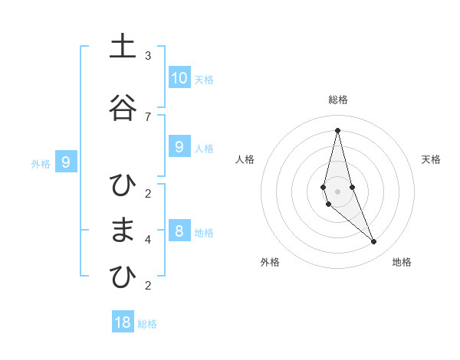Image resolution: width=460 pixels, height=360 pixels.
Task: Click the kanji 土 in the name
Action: coord(120,47)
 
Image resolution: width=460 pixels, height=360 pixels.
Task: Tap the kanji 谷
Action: coord(120,108)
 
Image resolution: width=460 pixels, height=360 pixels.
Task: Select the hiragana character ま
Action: coord(120,231)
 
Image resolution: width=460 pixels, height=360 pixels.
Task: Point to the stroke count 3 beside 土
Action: coord(148,56)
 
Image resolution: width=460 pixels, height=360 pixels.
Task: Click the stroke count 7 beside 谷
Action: coord(148,116)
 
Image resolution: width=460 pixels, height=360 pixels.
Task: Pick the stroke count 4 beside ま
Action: coord(148,239)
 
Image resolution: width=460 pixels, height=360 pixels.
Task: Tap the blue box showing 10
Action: coord(179,77)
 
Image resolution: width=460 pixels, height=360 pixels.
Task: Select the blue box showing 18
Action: coord(123,322)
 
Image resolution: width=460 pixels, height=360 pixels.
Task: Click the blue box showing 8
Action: coord(179,231)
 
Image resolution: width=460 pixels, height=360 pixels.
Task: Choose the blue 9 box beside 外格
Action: coord(66,162)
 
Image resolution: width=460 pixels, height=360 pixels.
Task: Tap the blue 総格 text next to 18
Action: coord(147,324)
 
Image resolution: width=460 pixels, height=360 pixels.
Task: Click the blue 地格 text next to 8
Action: coord(204,232)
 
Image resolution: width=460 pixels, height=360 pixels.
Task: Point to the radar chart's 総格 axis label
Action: coord(337,100)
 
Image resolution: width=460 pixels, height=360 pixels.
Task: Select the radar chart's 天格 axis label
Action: coord(431,159)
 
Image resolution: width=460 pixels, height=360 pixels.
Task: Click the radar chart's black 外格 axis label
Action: coord(270,262)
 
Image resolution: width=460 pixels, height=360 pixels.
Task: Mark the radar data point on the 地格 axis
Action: coord(373,241)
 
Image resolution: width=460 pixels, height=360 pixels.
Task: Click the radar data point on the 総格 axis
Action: coord(337,129)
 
